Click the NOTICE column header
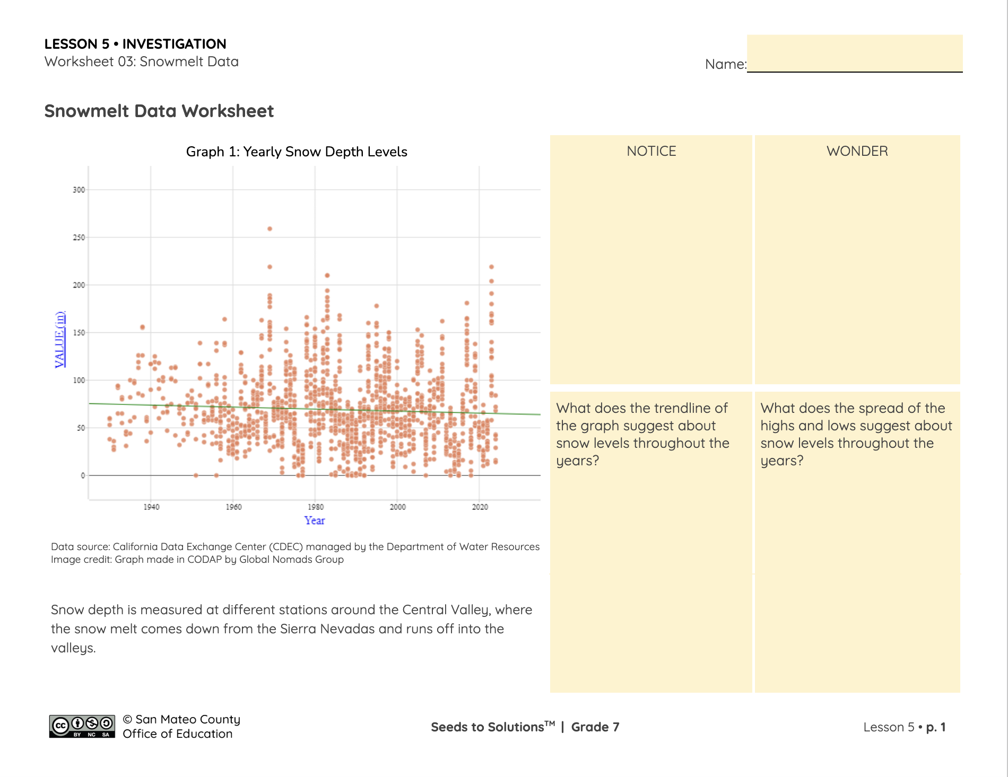(651, 151)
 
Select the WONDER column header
(857, 151)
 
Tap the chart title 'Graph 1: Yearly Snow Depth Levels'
(297, 152)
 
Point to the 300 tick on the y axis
(79, 190)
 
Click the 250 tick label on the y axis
(79, 237)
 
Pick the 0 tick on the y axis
(83, 475)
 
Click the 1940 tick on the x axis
(151, 507)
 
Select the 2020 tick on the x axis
(480, 507)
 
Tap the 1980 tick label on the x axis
(315, 507)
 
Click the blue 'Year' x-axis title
(315, 520)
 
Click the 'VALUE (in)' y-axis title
(60, 339)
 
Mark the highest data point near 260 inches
(270, 229)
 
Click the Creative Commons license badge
(82, 726)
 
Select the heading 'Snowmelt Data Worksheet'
(159, 111)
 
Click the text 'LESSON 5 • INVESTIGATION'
(135, 44)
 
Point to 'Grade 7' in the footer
(595, 727)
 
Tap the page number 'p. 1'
(936, 727)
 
